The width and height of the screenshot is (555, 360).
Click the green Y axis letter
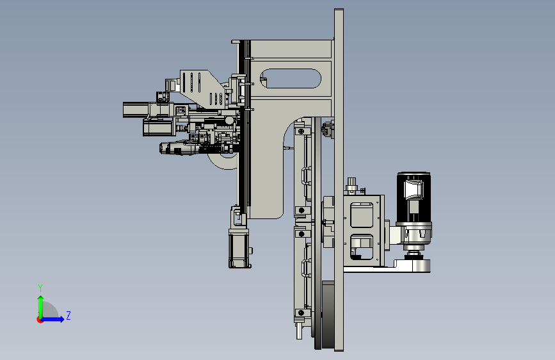(x=40, y=288)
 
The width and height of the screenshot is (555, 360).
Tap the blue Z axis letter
(x=68, y=315)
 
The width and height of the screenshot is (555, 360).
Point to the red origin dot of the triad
(x=40, y=320)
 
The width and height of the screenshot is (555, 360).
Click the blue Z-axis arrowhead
(x=61, y=319)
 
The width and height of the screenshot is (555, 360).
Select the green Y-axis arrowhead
(x=41, y=299)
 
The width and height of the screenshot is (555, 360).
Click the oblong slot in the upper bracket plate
(x=291, y=78)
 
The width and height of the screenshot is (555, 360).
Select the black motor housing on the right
(x=414, y=198)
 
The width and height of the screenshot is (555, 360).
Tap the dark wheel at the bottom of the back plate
(x=328, y=315)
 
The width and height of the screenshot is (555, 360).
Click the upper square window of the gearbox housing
(x=362, y=215)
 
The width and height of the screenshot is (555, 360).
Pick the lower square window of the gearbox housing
(x=362, y=247)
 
